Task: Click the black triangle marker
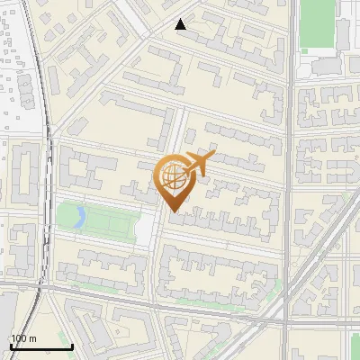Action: [x=181, y=24]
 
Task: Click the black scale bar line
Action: [x=41, y=347]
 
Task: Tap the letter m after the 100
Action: [x=31, y=338]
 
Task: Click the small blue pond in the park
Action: [x=80, y=216]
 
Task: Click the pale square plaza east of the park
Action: [x=147, y=229]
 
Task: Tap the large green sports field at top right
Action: [x=317, y=22]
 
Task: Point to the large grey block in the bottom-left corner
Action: [x=7, y=328]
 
